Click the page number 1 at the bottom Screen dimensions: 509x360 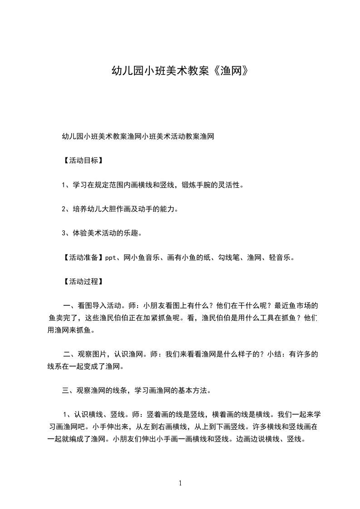pos(181,483)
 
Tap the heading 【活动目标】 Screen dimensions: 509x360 pos(82,161)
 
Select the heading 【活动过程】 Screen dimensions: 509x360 pos(82,282)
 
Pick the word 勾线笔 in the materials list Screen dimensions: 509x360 pos(227,258)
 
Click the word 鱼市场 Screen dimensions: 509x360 pos(302,306)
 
